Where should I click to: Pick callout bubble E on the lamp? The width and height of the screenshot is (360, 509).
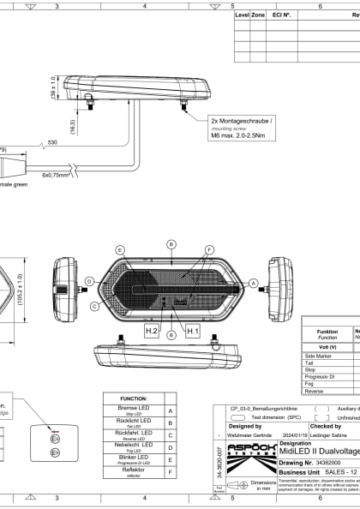[x=120, y=249]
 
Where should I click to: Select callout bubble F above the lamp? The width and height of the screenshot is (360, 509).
[x=209, y=249]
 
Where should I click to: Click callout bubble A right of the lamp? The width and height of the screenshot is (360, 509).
[x=252, y=281]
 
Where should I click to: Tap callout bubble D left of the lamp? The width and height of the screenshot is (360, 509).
[x=89, y=281]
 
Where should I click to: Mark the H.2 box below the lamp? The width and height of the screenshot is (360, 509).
[x=152, y=329]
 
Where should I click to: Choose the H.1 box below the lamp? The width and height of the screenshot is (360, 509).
[x=192, y=329]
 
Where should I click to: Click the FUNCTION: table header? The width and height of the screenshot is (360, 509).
[x=134, y=399]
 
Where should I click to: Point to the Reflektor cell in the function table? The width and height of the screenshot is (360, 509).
[x=134, y=470]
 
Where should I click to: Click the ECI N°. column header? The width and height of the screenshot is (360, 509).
[x=282, y=15]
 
